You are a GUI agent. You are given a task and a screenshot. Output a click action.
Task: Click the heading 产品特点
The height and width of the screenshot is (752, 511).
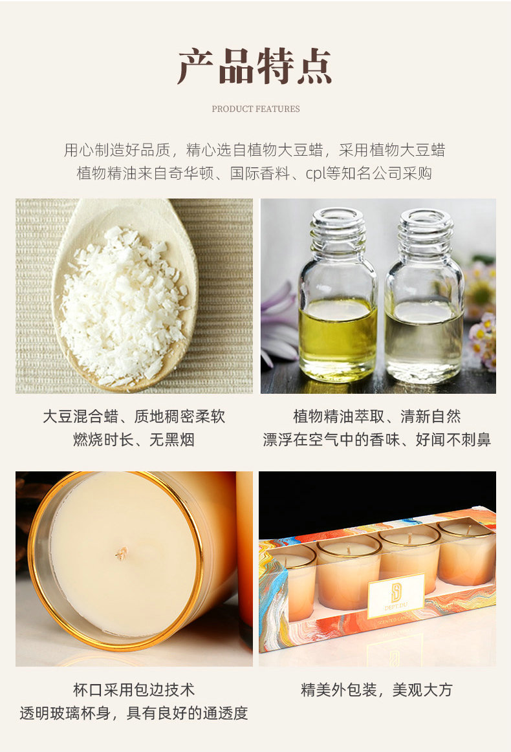[255, 66]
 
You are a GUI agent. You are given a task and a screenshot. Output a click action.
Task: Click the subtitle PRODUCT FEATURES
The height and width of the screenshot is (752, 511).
[255, 109]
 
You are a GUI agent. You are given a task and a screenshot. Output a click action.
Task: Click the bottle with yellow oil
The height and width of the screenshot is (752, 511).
[338, 294]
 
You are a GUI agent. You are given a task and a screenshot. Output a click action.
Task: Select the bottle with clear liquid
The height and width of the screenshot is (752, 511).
[424, 296]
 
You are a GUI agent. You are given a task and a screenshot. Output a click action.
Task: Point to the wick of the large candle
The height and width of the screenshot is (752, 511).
[122, 553]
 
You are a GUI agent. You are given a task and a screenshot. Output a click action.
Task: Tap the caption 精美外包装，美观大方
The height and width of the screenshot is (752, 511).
[376, 690]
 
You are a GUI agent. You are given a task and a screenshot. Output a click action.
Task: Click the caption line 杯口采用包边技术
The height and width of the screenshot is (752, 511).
[134, 690]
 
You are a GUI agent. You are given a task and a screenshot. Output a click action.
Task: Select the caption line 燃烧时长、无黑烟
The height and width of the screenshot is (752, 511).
[134, 439]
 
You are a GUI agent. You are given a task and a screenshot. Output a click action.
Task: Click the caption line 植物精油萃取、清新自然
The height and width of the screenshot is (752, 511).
[377, 416]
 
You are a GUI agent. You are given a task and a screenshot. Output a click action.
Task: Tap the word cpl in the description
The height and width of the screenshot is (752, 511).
[316, 173]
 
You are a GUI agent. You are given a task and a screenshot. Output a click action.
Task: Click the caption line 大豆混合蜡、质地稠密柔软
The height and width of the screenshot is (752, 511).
[134, 416]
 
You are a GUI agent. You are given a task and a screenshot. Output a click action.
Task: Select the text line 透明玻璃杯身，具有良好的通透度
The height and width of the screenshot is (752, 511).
[134, 713]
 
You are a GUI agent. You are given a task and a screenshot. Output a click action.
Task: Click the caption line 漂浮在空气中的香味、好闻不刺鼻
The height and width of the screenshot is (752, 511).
[377, 439]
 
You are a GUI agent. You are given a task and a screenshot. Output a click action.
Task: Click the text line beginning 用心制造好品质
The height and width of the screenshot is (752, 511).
[255, 150]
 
